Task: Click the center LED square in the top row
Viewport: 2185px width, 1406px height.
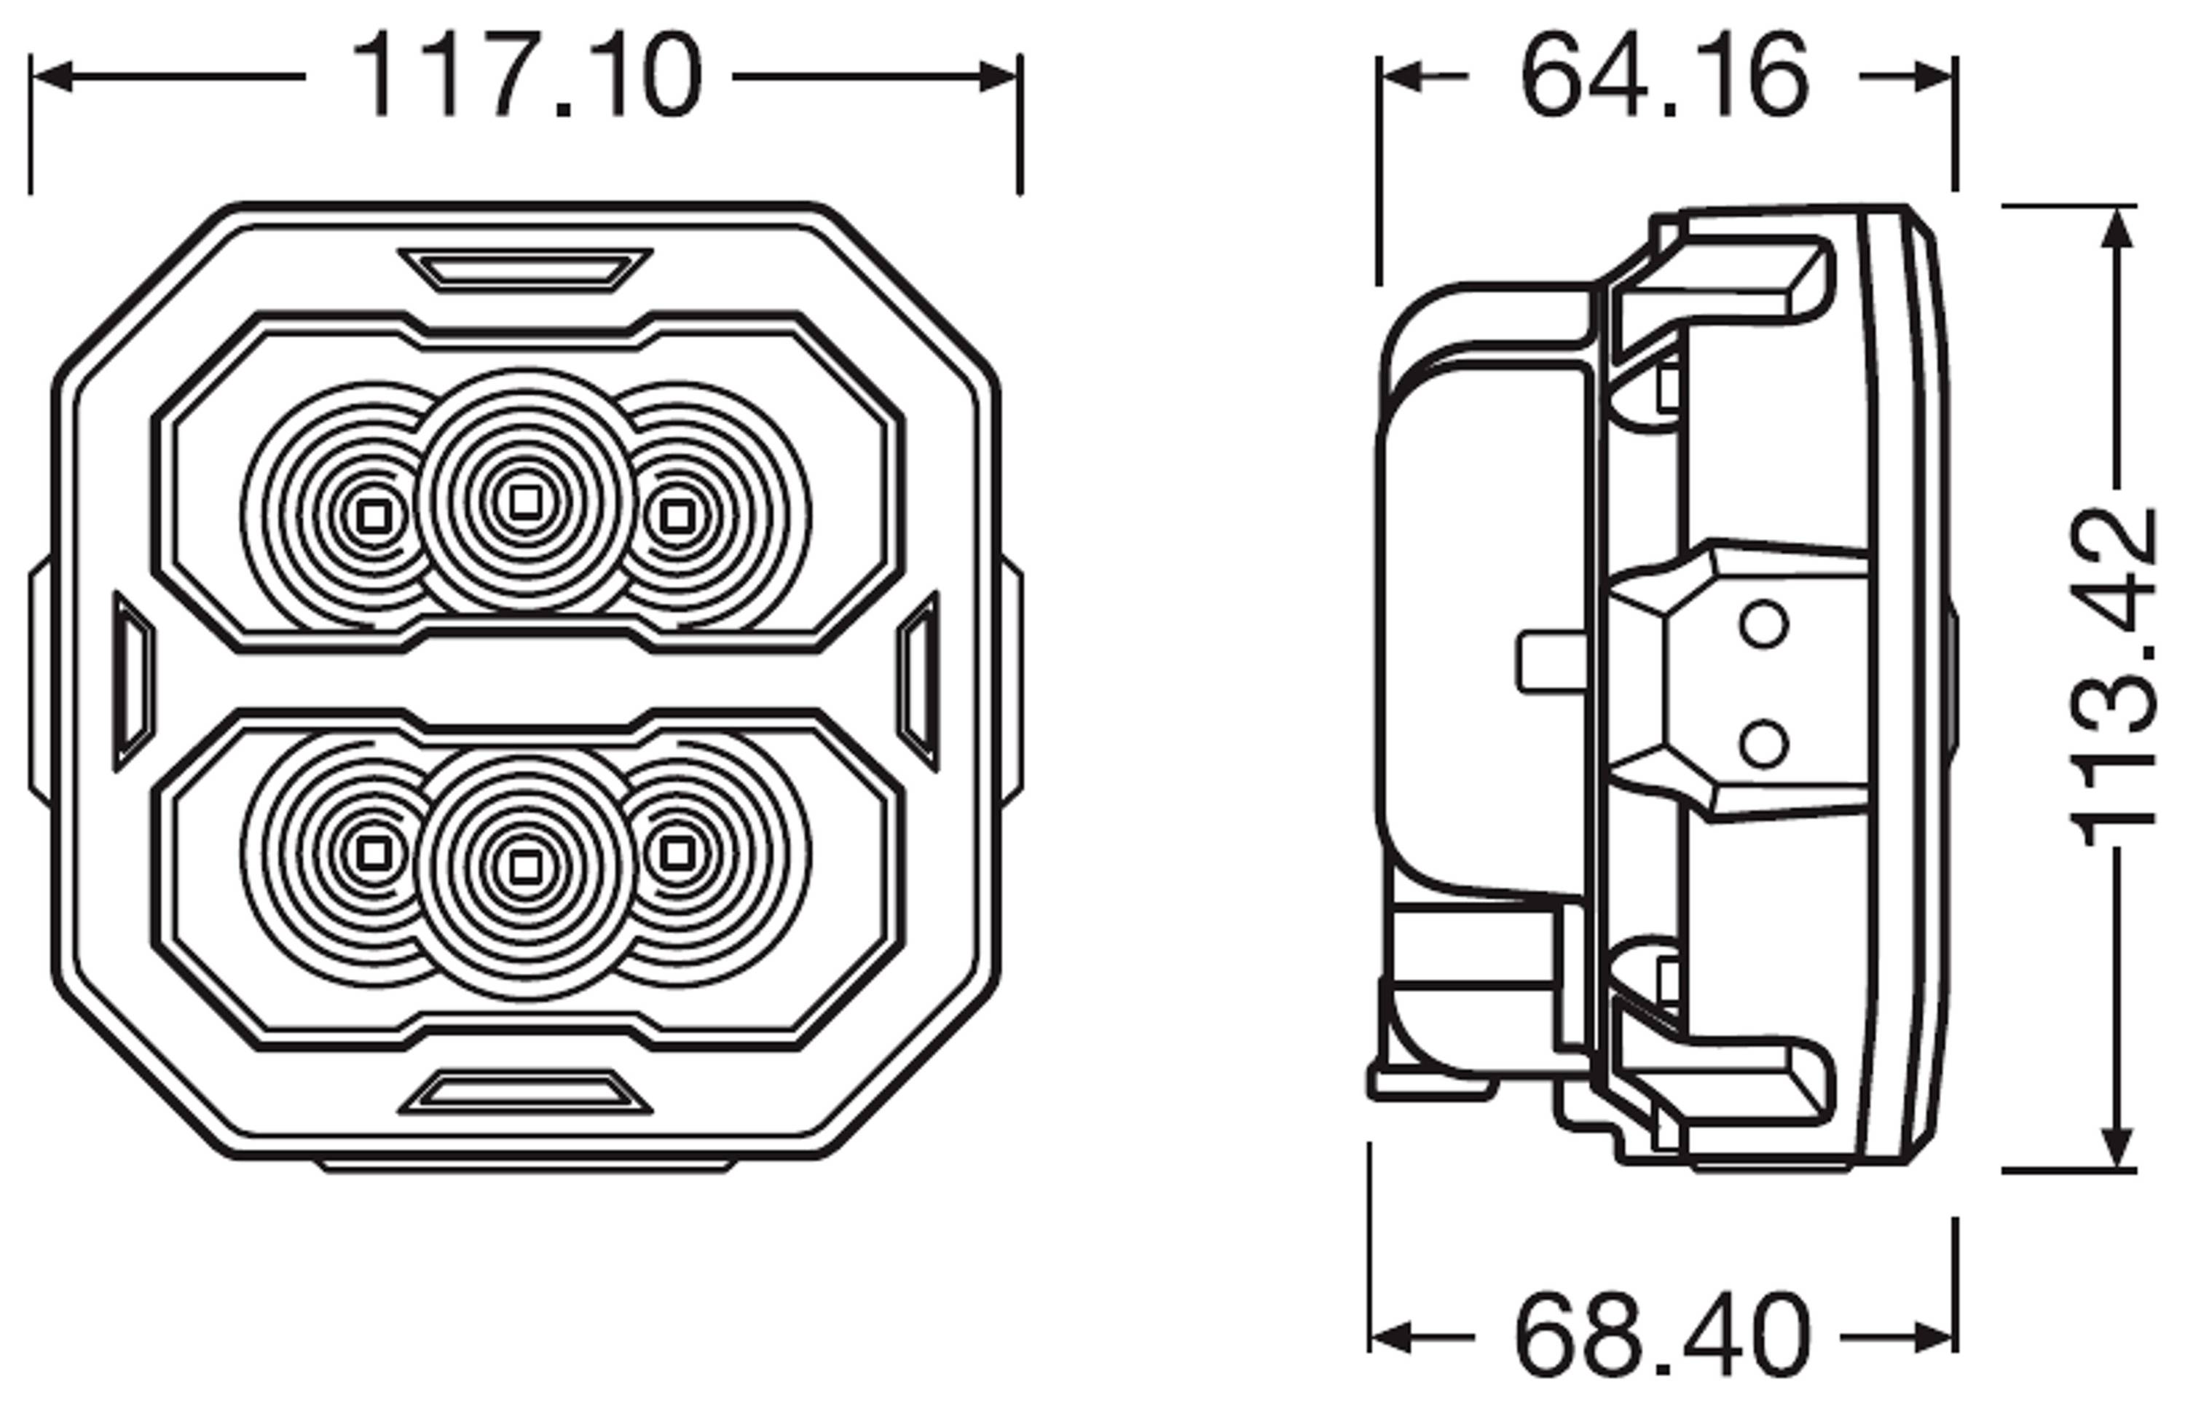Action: [524, 501]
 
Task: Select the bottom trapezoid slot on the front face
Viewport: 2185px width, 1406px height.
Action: [526, 1092]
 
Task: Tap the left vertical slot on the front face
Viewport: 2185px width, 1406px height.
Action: [134, 681]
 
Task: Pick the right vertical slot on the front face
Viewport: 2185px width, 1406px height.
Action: [918, 681]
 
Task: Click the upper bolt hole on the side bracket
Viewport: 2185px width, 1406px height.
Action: [1763, 624]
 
